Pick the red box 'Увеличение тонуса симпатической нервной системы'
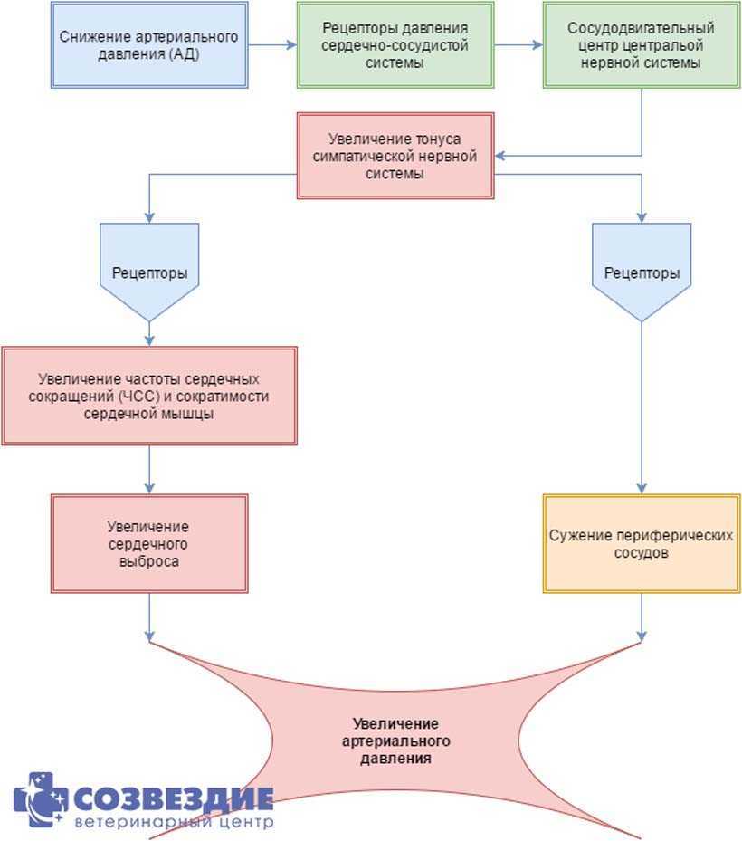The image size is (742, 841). coord(395,155)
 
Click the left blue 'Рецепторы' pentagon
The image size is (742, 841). coord(148,272)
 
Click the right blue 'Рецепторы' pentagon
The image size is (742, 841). coord(642,272)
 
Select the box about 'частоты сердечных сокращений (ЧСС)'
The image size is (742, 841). coord(148,396)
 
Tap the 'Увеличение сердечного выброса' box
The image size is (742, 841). coord(148,543)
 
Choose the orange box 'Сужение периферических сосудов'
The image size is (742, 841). coord(642,543)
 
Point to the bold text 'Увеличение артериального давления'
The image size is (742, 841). coord(395,740)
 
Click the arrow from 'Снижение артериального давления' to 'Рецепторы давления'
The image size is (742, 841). coord(272,45)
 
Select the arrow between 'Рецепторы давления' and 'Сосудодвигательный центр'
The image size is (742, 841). coord(518,45)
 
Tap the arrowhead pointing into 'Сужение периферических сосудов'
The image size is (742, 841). coord(642,488)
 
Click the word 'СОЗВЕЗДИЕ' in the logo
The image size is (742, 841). coord(173,798)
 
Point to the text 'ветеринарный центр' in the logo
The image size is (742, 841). coord(173,823)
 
